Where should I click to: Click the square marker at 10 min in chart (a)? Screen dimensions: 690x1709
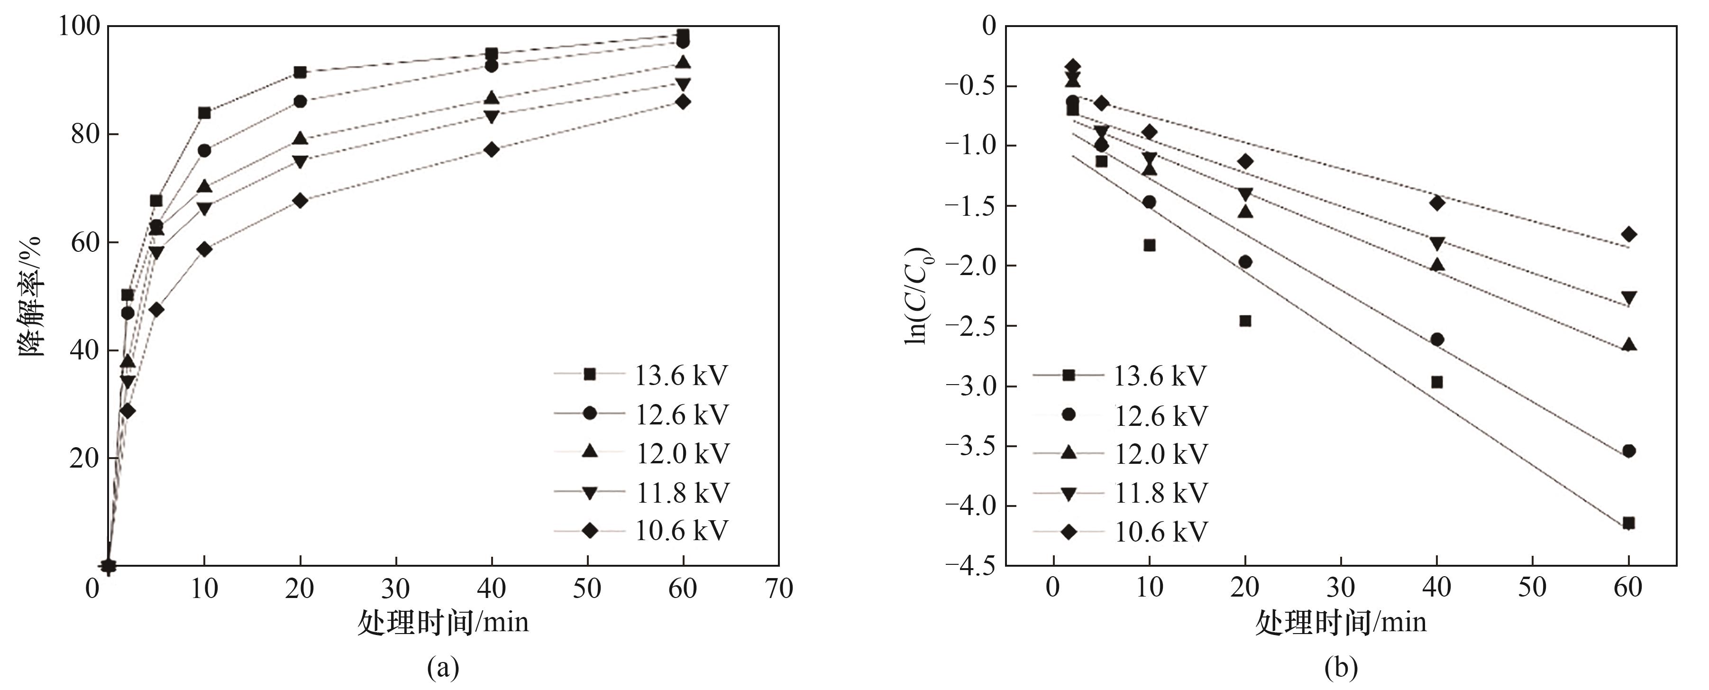pyautogui.click(x=204, y=113)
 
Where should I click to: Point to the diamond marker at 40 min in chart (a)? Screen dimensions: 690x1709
pyautogui.click(x=492, y=150)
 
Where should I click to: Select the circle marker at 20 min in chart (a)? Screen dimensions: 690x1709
pyautogui.click(x=300, y=101)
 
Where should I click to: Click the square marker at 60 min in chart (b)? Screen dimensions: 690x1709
pyautogui.click(x=1628, y=523)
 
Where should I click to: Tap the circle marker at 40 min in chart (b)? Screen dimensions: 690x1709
pyautogui.click(x=1437, y=340)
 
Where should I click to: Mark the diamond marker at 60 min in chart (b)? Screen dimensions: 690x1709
pyautogui.click(x=1628, y=234)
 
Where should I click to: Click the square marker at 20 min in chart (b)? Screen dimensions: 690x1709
pyautogui.click(x=1245, y=321)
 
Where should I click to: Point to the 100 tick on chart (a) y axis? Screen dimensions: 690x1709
pyautogui.click(x=79, y=27)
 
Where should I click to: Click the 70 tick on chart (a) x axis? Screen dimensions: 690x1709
pyautogui.click(x=778, y=589)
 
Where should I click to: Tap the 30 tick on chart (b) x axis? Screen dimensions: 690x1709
pyautogui.click(x=1341, y=587)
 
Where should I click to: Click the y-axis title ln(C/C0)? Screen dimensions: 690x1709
pyautogui.click(x=918, y=296)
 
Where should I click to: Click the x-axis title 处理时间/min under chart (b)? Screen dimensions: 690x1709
pyautogui.click(x=1340, y=622)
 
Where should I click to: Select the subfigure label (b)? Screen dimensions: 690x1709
pyautogui.click(x=1340, y=667)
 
